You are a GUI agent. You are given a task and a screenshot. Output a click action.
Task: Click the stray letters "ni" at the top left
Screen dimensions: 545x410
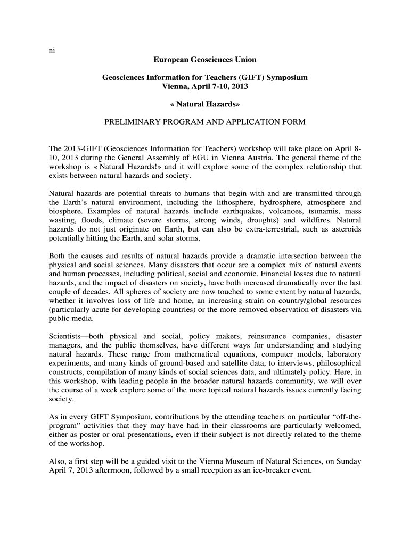[x=52, y=51]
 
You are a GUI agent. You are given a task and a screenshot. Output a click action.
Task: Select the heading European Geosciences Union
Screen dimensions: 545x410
[x=204, y=60]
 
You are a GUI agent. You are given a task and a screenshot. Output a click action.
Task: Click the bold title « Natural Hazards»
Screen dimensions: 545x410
[x=204, y=104]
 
